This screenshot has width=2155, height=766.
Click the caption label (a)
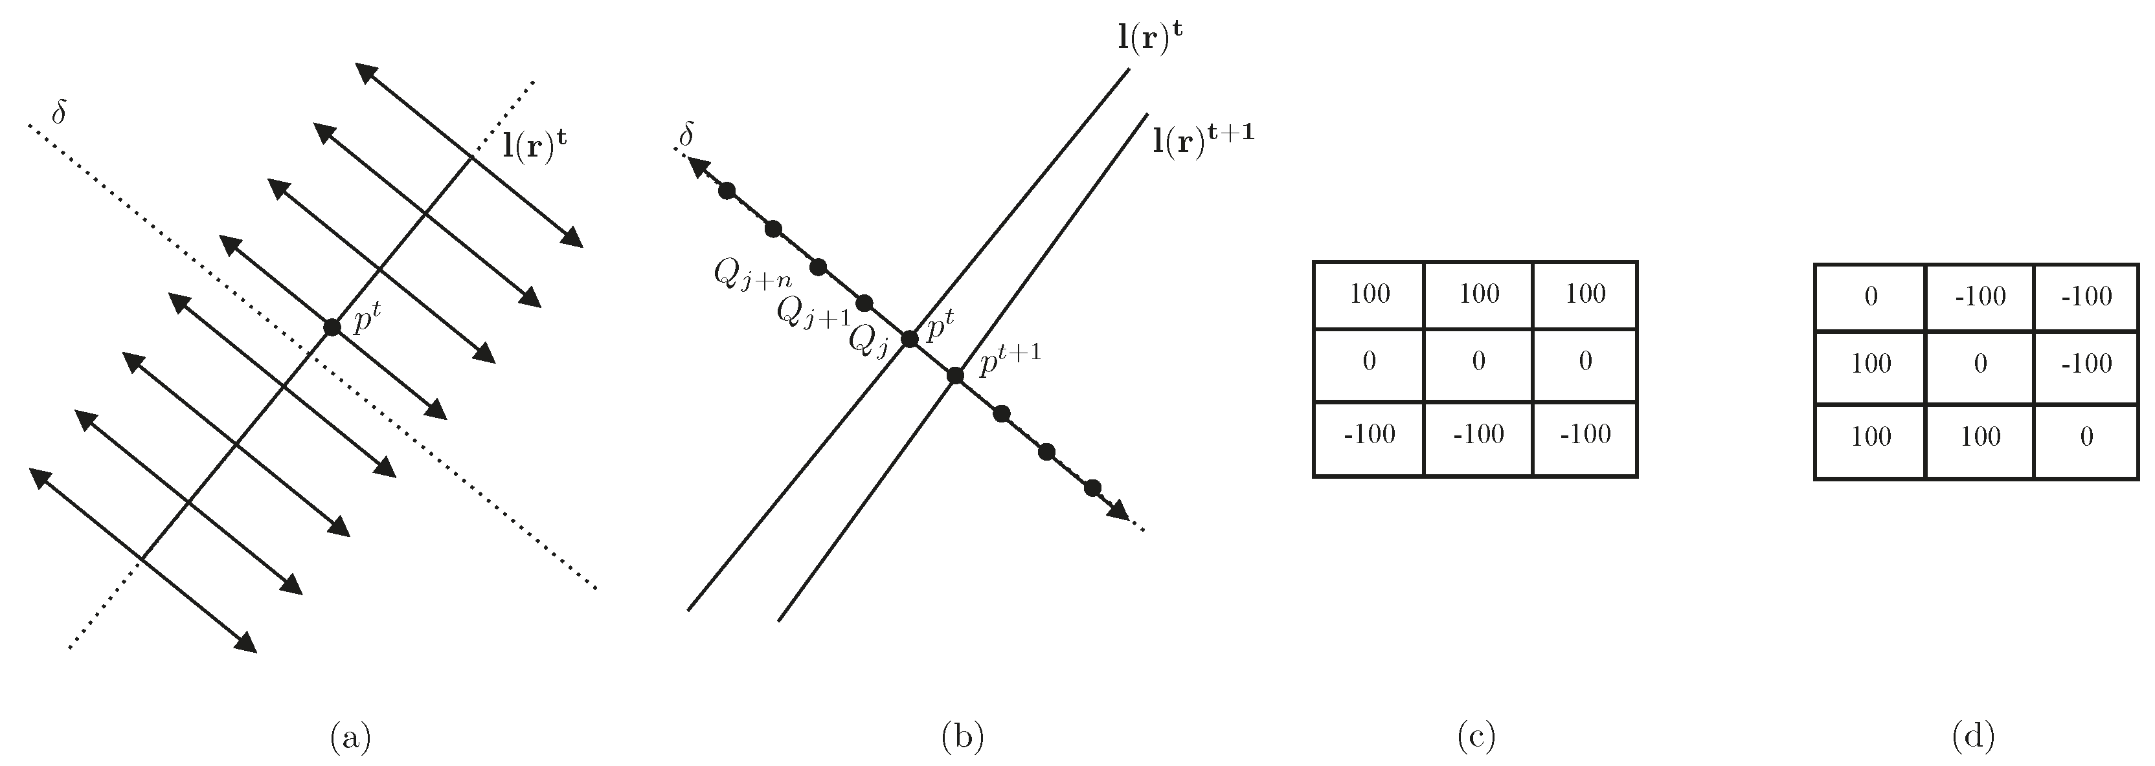[350, 737]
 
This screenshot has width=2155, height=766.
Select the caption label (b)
[962, 737]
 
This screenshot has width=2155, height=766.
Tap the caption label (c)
[1476, 737]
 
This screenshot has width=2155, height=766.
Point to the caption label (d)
[1974, 737]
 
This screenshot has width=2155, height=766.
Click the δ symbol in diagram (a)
[58, 114]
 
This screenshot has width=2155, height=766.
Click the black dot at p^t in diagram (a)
[332, 327]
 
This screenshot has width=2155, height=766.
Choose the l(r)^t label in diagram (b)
[1150, 39]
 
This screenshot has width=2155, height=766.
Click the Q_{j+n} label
[752, 274]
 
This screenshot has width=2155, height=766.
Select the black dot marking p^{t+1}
[955, 375]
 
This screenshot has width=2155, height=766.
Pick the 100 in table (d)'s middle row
[1871, 364]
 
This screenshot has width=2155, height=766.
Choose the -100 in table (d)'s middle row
[2086, 364]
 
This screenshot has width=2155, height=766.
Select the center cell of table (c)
[1478, 361]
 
